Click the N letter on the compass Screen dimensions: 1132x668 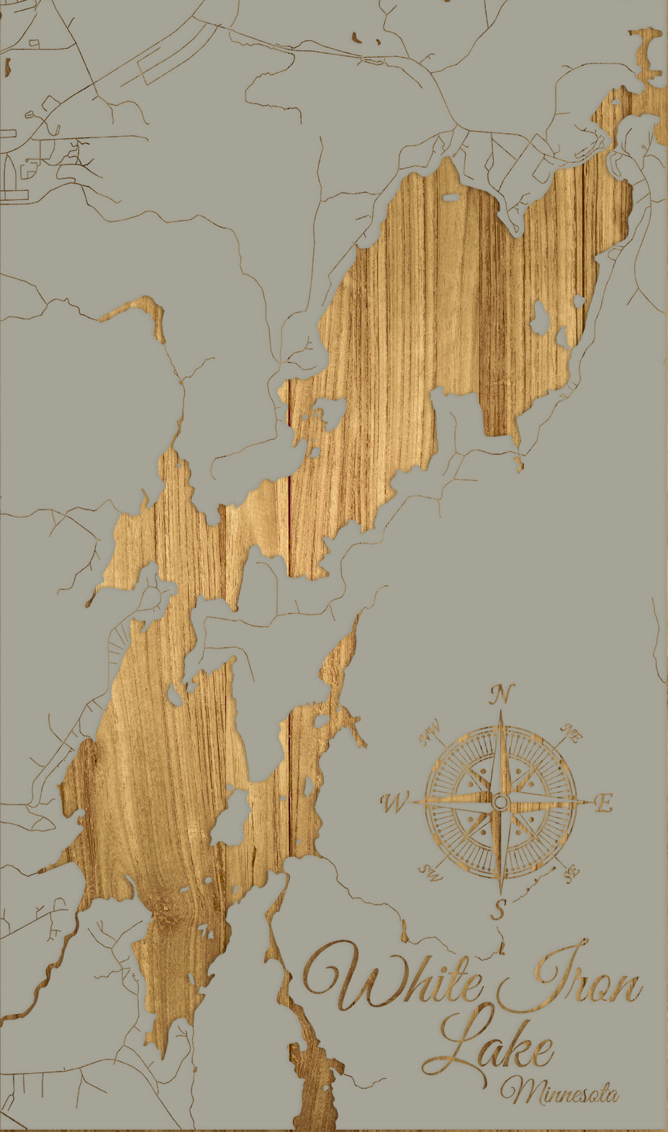click(502, 695)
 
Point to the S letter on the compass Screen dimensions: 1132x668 click(499, 909)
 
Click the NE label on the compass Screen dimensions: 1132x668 click(572, 734)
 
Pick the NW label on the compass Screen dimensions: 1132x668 click(430, 734)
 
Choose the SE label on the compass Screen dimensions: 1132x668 click(571, 874)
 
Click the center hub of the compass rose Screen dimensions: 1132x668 click(501, 802)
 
